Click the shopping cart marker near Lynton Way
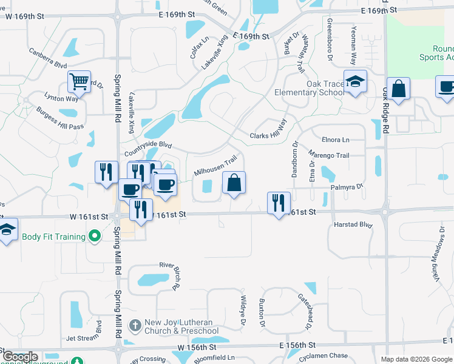point(79,81)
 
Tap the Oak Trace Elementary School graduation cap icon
point(355,82)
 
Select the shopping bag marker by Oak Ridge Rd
point(399,89)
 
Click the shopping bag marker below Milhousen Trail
point(234,183)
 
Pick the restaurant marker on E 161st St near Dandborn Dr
point(279,203)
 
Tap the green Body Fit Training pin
point(94,235)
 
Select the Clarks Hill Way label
point(268,131)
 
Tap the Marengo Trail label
point(329,155)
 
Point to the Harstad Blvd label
point(353,224)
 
